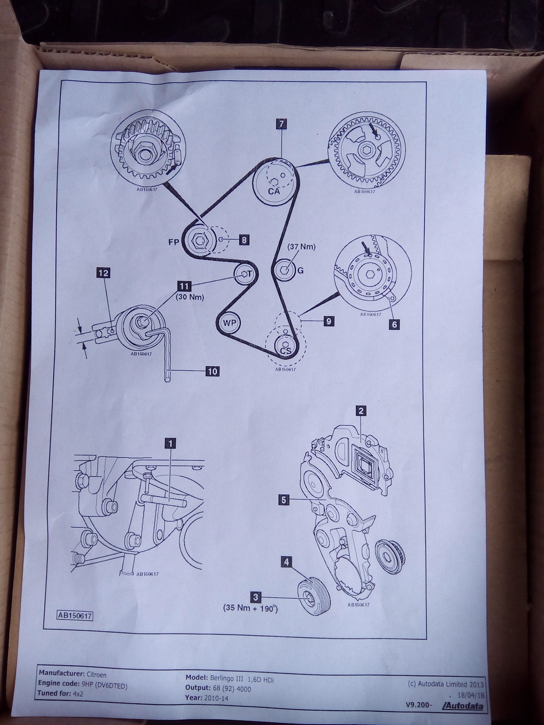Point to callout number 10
[x=212, y=371]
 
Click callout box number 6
[x=394, y=324]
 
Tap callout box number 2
[x=361, y=410]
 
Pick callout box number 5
[x=283, y=500]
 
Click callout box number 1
[x=170, y=443]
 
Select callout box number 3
[x=256, y=597]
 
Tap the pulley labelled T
[x=244, y=274]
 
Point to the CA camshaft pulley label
[x=274, y=191]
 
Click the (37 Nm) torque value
[x=301, y=247]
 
